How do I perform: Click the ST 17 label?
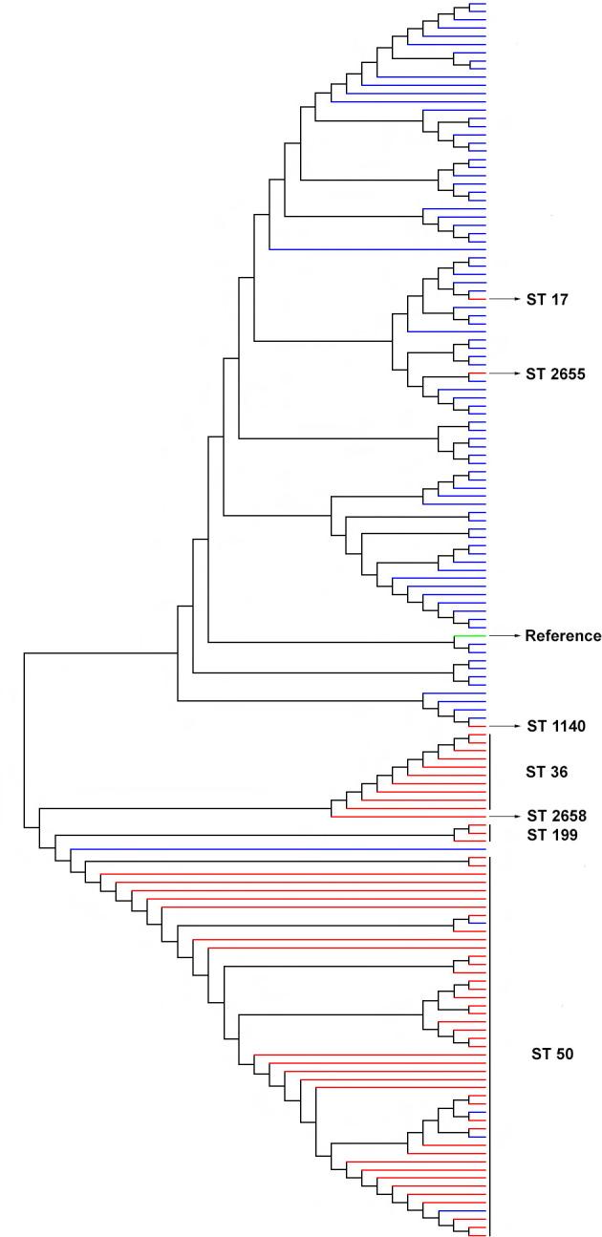click(542, 299)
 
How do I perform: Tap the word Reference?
click(563, 635)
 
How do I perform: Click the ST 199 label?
click(546, 836)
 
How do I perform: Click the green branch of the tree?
click(470, 635)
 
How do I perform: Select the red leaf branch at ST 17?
click(478, 299)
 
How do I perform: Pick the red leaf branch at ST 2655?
click(478, 373)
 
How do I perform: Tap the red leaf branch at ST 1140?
click(478, 726)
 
